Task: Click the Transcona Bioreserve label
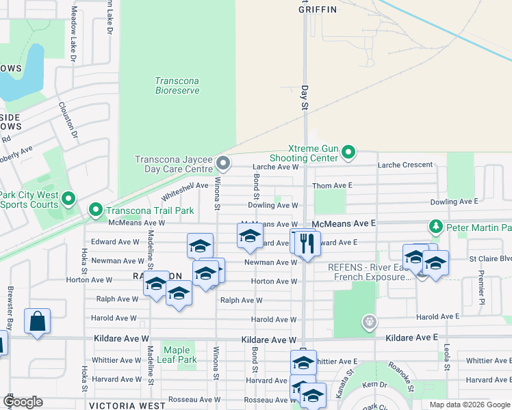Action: (x=177, y=85)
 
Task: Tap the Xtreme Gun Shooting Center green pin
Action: (x=348, y=152)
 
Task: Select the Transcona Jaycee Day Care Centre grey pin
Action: (x=222, y=163)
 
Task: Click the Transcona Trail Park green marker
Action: (x=95, y=209)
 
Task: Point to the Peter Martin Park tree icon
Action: (x=435, y=226)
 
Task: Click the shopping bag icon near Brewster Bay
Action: (x=37, y=320)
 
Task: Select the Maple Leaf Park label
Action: (x=177, y=355)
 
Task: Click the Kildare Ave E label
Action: (x=411, y=338)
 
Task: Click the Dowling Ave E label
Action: (x=454, y=202)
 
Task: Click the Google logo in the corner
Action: (x=23, y=402)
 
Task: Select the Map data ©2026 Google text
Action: (x=468, y=405)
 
